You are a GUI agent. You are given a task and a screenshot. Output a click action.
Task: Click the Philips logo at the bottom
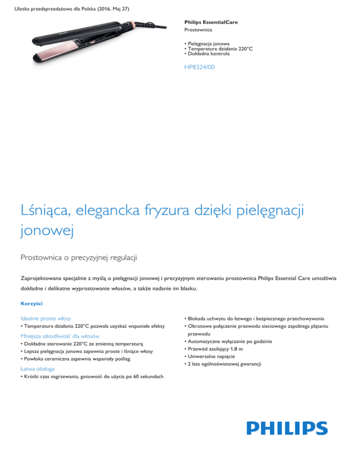(287, 429)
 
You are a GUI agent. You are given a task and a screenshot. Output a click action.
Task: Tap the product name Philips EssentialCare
(211, 22)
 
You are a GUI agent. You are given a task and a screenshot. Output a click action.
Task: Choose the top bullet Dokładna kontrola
(208, 54)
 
